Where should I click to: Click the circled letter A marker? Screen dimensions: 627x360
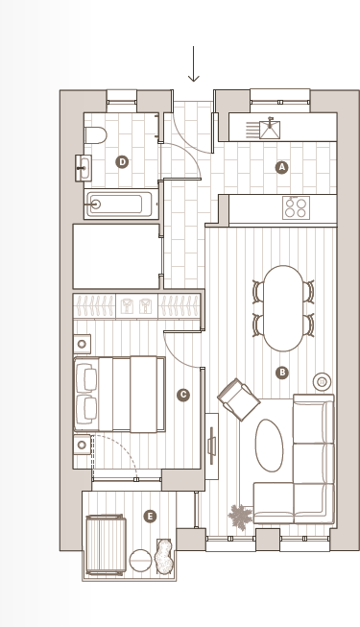281,167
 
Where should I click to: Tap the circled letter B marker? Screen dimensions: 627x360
281,373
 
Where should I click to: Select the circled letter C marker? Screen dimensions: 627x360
183,395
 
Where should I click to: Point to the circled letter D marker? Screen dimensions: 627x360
122,162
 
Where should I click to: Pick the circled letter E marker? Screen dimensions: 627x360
150,517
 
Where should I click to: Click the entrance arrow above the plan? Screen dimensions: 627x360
193,64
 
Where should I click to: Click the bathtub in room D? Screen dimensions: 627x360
118,204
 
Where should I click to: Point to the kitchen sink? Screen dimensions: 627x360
270,130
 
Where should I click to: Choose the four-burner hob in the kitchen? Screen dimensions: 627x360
295,207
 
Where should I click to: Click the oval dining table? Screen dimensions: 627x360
282,307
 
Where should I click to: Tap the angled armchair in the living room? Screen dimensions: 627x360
239,398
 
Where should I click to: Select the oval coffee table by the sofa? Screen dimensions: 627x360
269,446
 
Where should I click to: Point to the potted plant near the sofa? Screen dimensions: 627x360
239,518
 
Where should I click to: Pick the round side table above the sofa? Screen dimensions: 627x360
322,381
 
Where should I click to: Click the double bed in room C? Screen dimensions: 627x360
119,394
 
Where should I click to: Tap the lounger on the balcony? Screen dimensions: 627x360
106,544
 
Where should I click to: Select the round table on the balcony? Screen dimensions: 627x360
141,560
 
